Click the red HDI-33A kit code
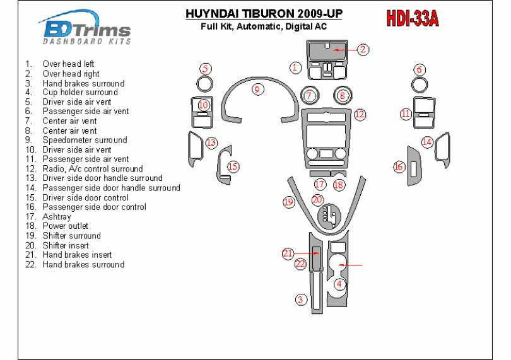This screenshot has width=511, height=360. [412, 18]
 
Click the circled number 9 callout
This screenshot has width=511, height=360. [258, 90]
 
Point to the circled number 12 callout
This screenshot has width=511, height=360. [360, 114]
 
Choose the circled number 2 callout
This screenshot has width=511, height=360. [363, 50]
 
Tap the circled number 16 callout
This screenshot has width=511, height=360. [399, 167]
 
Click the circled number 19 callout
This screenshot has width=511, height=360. [289, 202]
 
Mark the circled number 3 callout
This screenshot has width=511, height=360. [301, 299]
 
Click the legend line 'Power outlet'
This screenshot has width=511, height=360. [57, 226]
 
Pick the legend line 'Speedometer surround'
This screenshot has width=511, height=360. [76, 140]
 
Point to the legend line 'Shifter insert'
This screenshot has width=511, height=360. [57, 245]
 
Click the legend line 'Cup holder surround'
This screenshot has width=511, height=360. [71, 93]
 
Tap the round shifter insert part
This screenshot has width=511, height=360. [329, 216]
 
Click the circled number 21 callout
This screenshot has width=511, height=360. [288, 253]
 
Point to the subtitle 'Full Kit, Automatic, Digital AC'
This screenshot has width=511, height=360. [264, 26]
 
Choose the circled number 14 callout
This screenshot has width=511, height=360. [427, 142]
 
